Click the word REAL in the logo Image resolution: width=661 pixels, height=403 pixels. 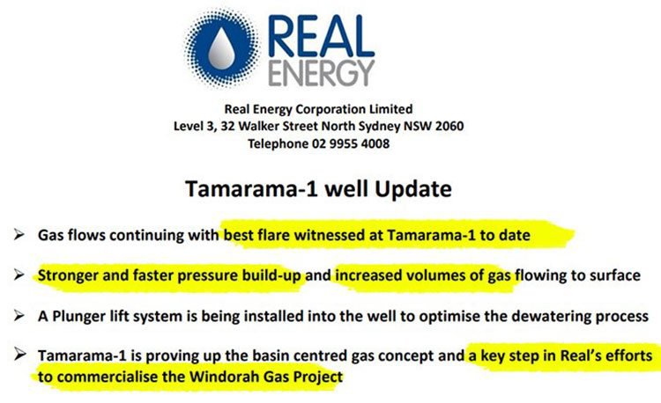pyautogui.click(x=321, y=37)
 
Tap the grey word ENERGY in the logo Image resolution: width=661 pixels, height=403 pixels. pyautogui.click(x=321, y=73)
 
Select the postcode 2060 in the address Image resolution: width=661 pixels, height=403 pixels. pyautogui.click(x=449, y=126)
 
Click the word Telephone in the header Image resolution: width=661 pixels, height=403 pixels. pyautogui.click(x=278, y=144)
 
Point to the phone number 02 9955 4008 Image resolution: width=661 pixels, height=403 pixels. pyautogui.click(x=351, y=144)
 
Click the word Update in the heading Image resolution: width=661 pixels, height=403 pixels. pyautogui.click(x=413, y=189)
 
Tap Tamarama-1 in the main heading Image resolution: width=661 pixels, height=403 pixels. pyautogui.click(x=252, y=189)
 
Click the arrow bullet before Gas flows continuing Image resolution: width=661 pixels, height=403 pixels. pyautogui.click(x=19, y=234)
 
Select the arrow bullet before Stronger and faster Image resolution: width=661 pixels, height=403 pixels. pyautogui.click(x=19, y=275)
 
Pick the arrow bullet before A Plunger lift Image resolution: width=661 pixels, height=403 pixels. pyautogui.click(x=19, y=316)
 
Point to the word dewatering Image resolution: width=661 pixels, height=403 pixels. pyautogui.click(x=551, y=317)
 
